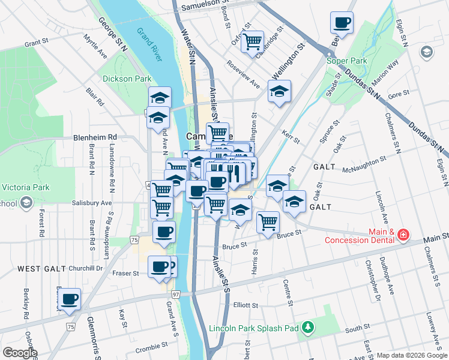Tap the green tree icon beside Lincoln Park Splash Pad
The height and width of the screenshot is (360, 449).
point(307,327)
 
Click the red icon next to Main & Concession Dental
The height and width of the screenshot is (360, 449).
point(403,235)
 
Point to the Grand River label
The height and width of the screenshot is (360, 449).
point(149,44)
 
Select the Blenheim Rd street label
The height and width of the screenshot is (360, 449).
point(95,137)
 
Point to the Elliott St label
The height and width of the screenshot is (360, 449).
point(246,304)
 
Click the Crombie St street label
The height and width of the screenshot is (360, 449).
point(151,347)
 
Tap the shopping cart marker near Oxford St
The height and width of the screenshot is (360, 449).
point(253,41)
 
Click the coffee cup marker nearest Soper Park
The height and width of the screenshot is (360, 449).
point(342,23)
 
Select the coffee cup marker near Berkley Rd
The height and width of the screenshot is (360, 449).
point(69,298)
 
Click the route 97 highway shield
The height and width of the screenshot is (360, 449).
point(176,294)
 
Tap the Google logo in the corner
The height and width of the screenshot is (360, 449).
point(19,353)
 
